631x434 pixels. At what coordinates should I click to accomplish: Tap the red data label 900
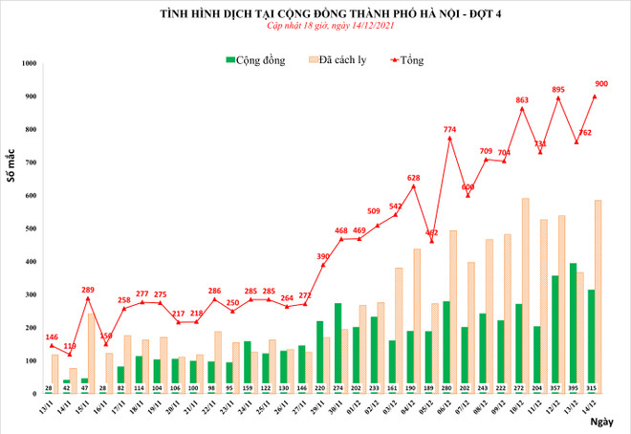point(601,84)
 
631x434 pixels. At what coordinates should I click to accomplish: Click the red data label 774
point(449,129)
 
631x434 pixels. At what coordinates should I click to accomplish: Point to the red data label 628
point(413,178)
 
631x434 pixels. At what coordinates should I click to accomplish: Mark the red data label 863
point(522,99)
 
